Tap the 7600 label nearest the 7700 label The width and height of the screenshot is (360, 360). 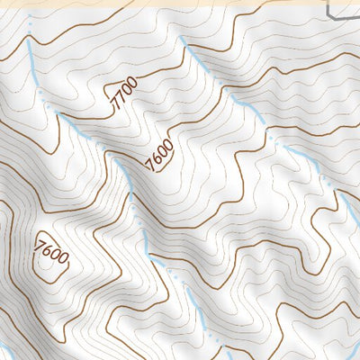click(x=158, y=153)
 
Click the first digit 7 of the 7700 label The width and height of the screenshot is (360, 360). click(x=114, y=106)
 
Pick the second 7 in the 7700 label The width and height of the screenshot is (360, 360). click(x=121, y=98)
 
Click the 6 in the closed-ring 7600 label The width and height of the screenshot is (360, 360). click(x=48, y=249)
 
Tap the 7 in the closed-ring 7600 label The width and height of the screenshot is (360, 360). click(x=40, y=243)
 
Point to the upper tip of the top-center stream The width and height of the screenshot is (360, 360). click(x=183, y=40)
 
